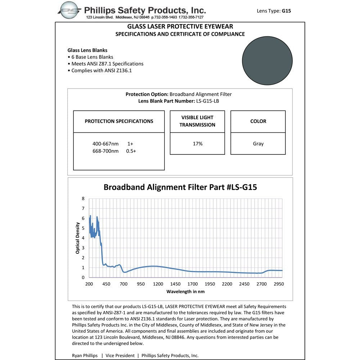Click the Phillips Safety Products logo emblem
[71, 10]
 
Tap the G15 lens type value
[286, 11]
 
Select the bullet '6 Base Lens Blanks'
[92, 57]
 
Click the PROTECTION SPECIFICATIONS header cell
[119, 121]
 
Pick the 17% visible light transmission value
[198, 144]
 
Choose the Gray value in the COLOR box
[258, 144]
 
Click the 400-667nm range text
[105, 144]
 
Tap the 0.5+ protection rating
[131, 151]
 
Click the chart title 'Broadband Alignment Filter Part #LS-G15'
[180, 187]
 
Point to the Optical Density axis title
[78, 238]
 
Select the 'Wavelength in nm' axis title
[185, 291]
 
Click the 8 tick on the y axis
[83, 198]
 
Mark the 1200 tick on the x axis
[158, 284]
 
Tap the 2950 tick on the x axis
[279, 284]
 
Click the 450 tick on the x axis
[106, 284]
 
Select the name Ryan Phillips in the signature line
[85, 355]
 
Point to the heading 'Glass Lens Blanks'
[87, 50]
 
